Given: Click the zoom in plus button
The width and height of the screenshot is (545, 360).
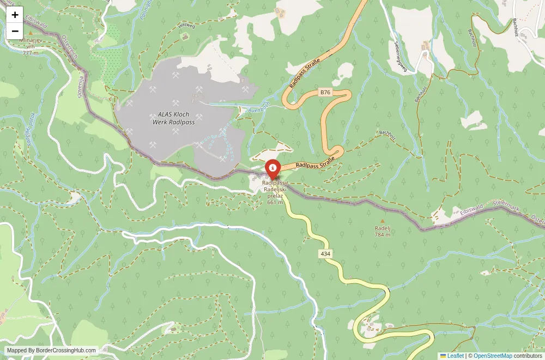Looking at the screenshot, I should point(15,15).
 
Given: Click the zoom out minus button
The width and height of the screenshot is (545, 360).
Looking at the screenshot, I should point(15,31).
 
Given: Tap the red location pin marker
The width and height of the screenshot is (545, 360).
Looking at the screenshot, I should point(272,169).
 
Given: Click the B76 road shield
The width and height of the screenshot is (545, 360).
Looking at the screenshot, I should point(325,92).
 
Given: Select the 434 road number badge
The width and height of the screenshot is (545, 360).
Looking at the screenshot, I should point(325,254).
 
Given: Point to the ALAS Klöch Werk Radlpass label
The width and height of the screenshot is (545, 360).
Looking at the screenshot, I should point(173,118).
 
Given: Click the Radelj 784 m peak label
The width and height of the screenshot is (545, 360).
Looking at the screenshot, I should point(382,231).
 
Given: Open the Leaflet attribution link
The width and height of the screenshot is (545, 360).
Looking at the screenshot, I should point(452,356).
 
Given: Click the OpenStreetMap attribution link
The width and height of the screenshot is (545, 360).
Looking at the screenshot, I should point(493,356).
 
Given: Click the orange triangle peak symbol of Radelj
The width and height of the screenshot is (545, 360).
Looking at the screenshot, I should point(381,221).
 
